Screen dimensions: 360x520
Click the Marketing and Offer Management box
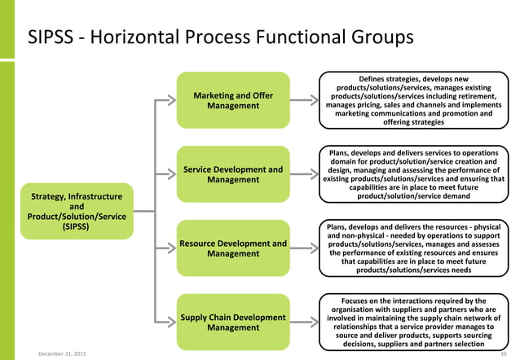click(233, 101)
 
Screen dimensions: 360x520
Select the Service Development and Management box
click(233, 174)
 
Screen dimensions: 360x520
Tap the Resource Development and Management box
click(233, 248)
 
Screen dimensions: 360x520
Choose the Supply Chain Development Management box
click(233, 322)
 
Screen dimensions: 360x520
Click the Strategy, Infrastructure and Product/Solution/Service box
click(76, 212)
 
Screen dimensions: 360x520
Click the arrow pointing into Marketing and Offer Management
click(165, 101)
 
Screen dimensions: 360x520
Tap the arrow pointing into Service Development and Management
click(165, 174)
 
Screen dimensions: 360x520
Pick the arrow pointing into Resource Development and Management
click(165, 248)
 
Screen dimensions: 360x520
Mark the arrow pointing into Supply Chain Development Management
click(165, 322)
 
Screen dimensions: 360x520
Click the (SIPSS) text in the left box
click(76, 227)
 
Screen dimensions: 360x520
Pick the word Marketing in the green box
click(214, 95)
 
